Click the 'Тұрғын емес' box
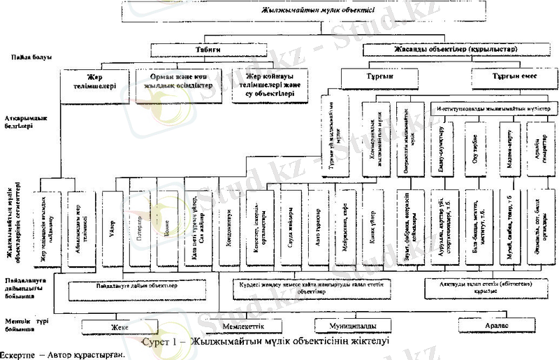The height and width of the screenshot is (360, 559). [x=513, y=75]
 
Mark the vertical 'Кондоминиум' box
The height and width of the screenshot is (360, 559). [x=228, y=227]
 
